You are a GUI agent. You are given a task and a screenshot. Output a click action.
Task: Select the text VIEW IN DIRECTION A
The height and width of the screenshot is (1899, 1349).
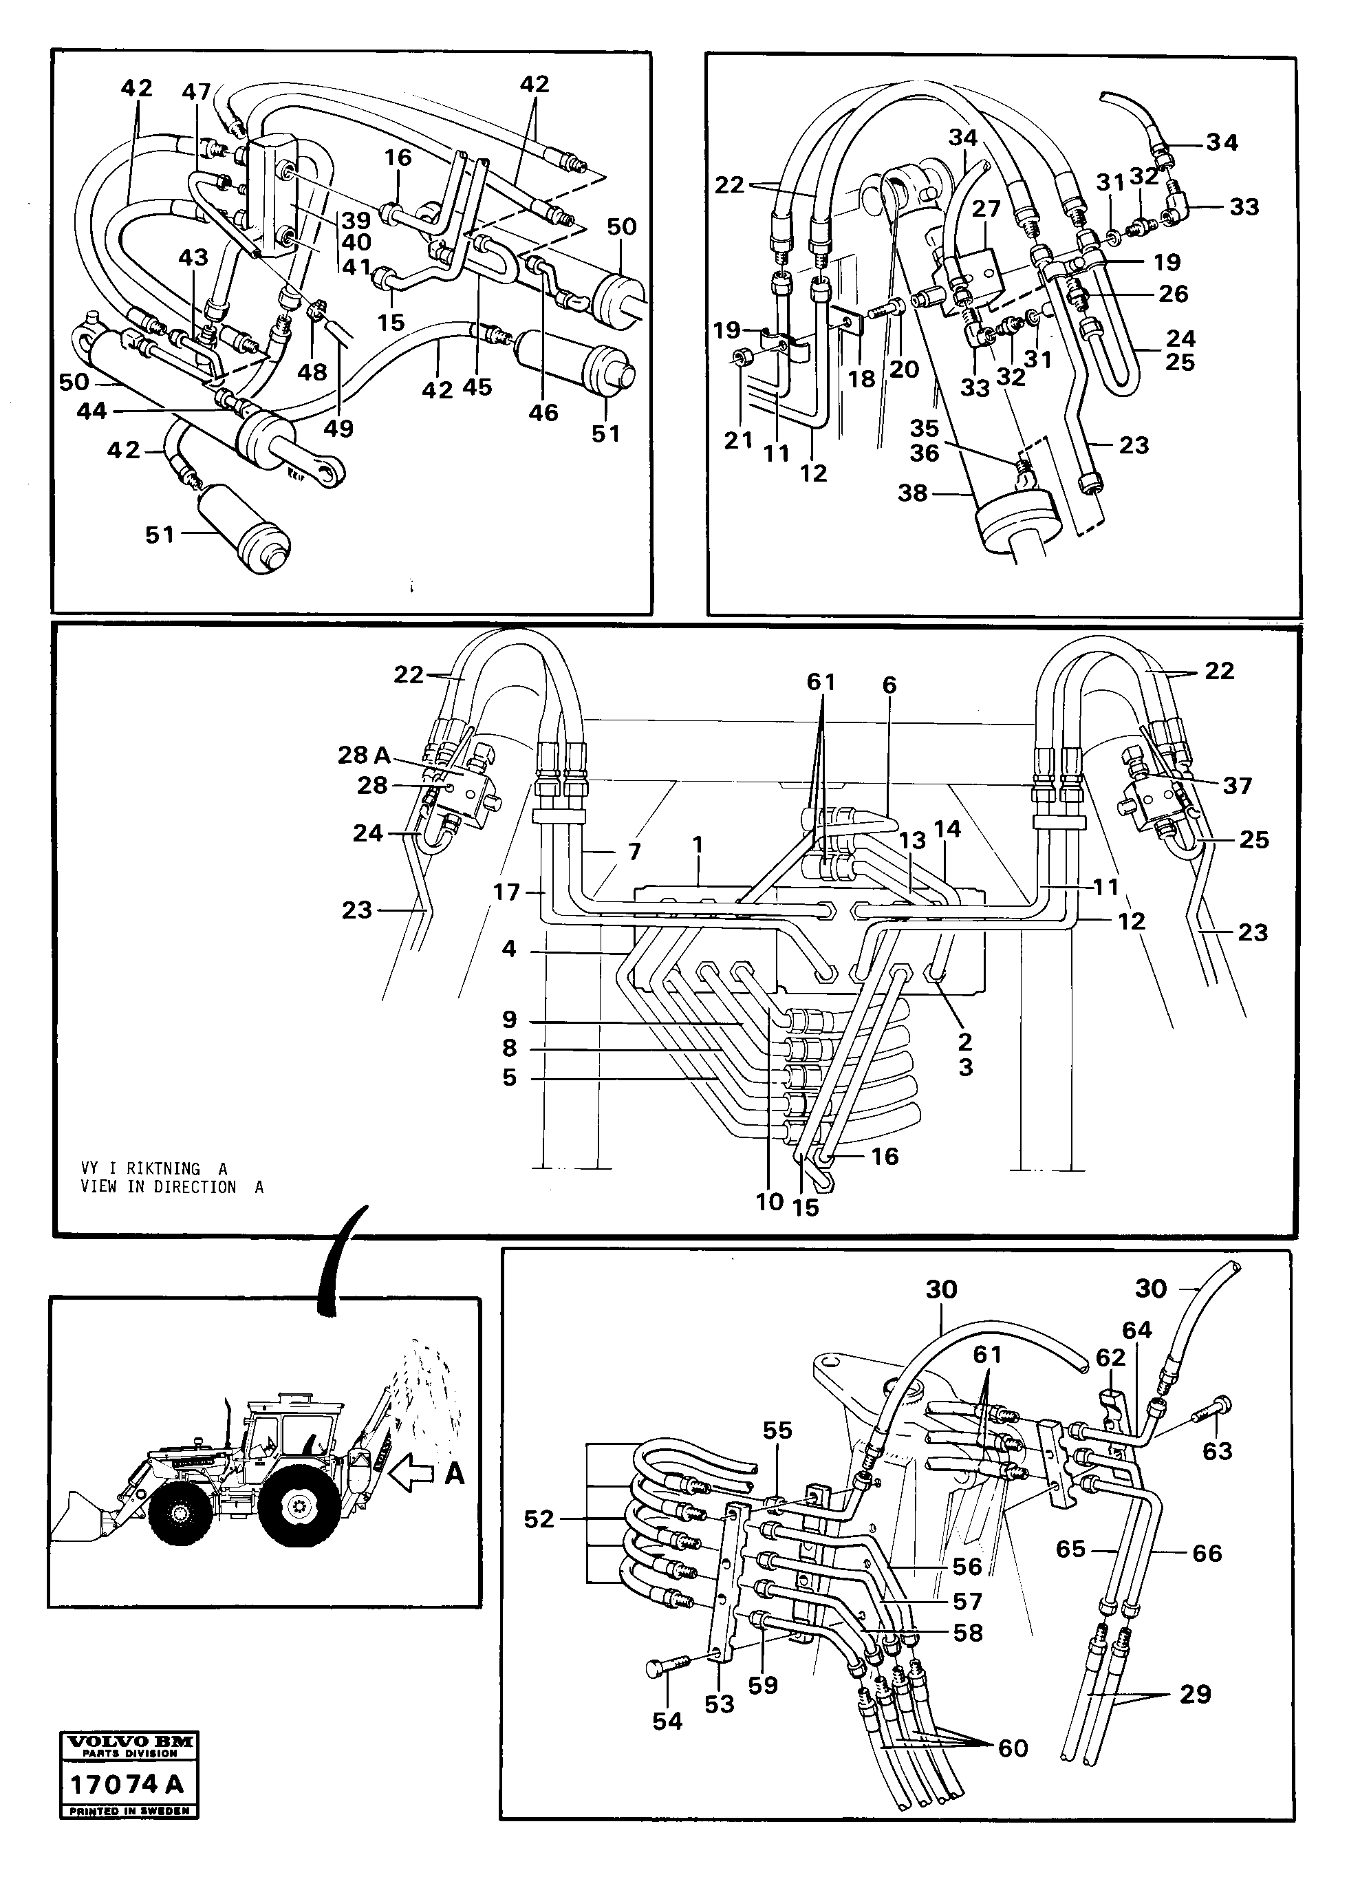point(172,1187)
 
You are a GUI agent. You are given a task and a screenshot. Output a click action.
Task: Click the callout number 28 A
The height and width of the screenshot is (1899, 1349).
point(363,755)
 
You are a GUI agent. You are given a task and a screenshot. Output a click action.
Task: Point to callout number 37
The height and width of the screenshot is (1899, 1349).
point(1236,785)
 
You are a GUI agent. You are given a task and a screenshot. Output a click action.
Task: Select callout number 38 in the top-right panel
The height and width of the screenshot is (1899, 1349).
point(912,493)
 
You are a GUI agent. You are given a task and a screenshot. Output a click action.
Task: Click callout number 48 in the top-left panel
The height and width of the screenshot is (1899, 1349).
point(312,372)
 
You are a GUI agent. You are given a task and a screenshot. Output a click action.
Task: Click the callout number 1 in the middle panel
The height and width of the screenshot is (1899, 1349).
point(698,845)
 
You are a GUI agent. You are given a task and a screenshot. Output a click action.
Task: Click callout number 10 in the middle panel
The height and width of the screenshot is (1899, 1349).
point(770,1201)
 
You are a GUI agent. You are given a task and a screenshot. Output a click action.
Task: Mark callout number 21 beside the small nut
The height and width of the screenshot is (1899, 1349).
point(737,440)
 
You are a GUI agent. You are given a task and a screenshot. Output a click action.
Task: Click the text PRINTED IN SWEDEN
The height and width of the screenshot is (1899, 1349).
point(129,1812)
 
